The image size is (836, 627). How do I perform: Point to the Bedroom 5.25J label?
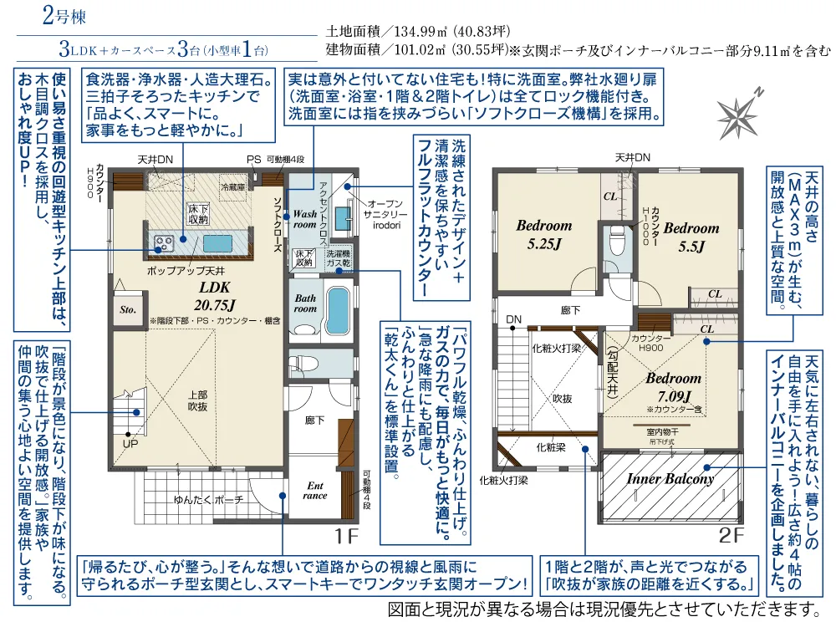pyautogui.click(x=543, y=235)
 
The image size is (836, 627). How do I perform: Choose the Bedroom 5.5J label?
pyautogui.click(x=691, y=237)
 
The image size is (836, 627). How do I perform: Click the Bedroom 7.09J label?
pyautogui.click(x=673, y=386)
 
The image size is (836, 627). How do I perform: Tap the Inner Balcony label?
pyautogui.click(x=670, y=479)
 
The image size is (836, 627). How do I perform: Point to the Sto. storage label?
pyautogui.click(x=128, y=308)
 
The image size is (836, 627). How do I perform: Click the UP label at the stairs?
pyautogui.click(x=130, y=444)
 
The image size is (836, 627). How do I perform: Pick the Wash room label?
pyautogui.click(x=304, y=219)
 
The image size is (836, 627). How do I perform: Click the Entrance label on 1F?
pyautogui.click(x=315, y=490)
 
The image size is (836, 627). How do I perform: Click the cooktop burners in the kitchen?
pyautogui.click(x=162, y=243)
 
